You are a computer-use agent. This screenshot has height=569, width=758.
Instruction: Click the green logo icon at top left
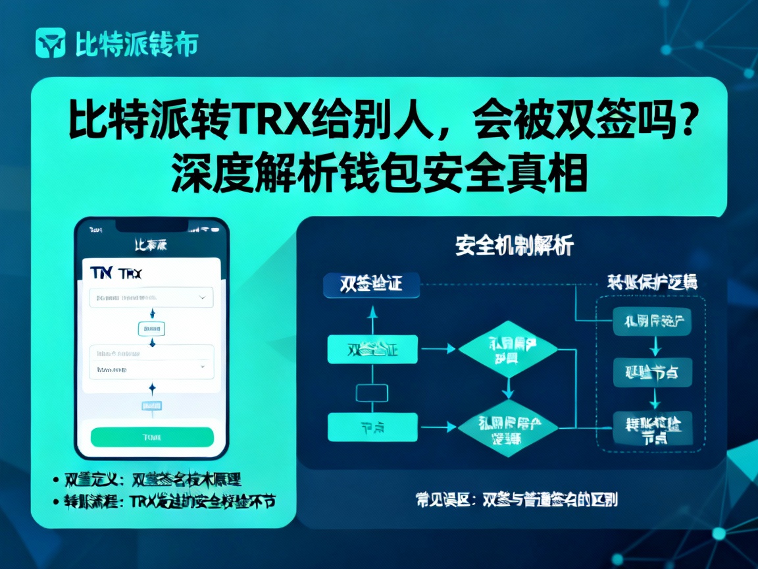(50, 43)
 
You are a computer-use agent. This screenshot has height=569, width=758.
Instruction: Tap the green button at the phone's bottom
(152, 437)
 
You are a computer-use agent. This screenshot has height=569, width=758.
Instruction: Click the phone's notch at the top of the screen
(151, 226)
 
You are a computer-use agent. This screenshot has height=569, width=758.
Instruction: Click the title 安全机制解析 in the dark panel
(514, 246)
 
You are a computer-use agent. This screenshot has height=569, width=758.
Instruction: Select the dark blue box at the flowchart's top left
(372, 284)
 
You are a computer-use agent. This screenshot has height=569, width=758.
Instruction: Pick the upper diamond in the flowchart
(507, 349)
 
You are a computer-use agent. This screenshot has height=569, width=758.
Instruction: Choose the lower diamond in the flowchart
(507, 429)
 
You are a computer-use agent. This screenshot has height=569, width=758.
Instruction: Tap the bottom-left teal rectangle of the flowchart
(372, 427)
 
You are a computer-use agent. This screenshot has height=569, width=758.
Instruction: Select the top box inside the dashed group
(652, 322)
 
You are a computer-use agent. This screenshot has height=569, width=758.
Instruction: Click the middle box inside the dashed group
(652, 373)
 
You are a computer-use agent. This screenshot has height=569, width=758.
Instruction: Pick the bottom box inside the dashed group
(652, 428)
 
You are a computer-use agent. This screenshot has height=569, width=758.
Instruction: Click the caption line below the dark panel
(517, 499)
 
